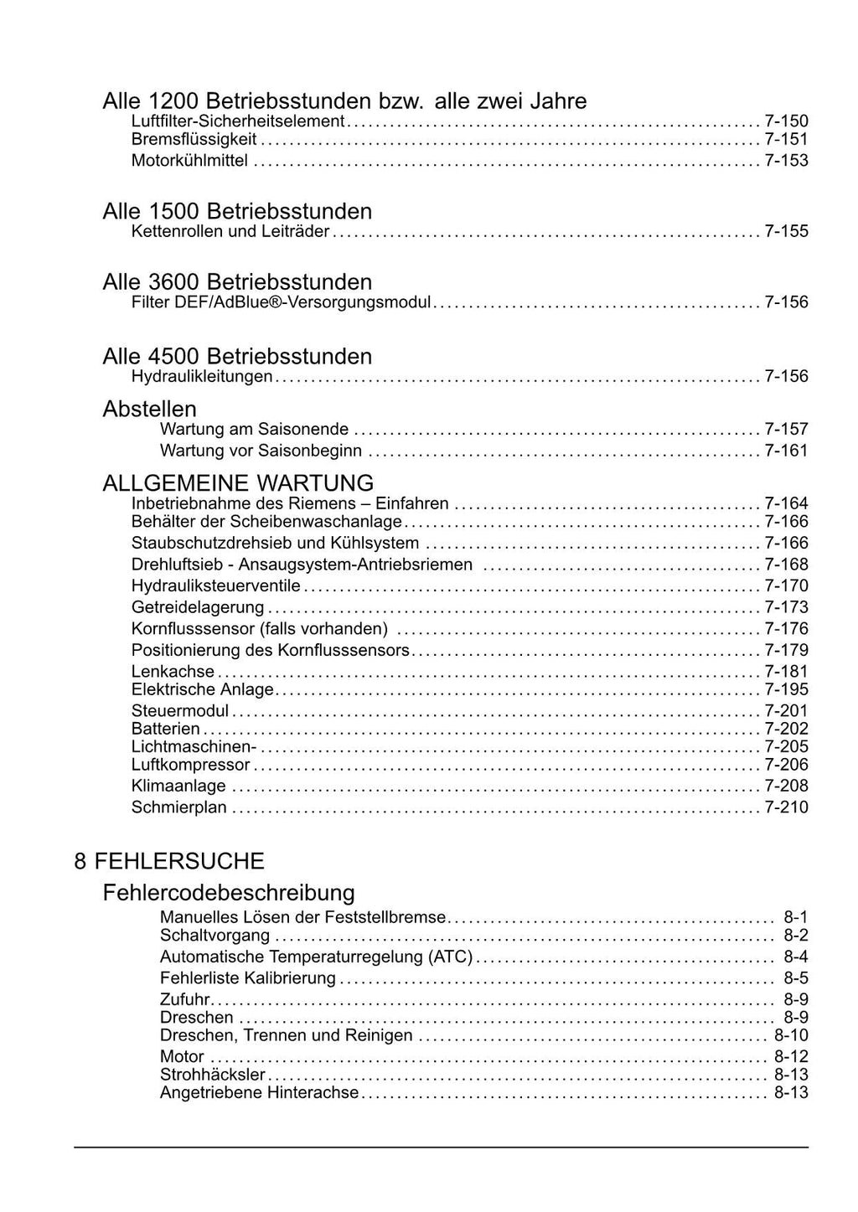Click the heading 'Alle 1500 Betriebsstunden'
237,211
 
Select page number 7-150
786,121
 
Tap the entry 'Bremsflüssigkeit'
194,139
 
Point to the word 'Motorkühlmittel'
189,160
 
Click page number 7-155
786,231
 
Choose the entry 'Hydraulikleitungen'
202,376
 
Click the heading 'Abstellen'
149,409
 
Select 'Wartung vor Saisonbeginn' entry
261,451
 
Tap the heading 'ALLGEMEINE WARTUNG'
238,483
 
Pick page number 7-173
786,606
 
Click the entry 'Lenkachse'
173,672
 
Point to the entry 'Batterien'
166,729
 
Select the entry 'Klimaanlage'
178,786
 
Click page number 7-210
786,807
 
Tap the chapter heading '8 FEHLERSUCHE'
169,861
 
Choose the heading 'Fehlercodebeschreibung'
229,893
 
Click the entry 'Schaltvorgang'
215,936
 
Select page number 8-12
791,1056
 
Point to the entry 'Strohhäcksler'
213,1075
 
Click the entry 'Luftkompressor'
190,765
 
